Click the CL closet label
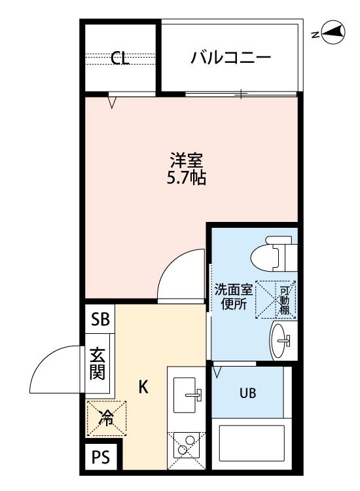pyautogui.click(x=120, y=58)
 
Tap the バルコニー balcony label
pyautogui.click(x=230, y=58)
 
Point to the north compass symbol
pyautogui.click(x=333, y=32)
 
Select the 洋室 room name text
pyautogui.click(x=187, y=160)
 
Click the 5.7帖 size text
pyautogui.click(x=187, y=178)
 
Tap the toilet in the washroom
pyautogui.click(x=274, y=253)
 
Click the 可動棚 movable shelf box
pyautogui.click(x=276, y=300)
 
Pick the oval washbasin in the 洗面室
pyautogui.click(x=279, y=340)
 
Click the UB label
pyautogui.click(x=248, y=393)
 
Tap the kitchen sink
pyautogui.click(x=186, y=395)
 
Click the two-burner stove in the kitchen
pyautogui.click(x=187, y=450)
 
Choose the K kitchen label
pyautogui.click(x=143, y=387)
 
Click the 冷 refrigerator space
pyautogui.click(x=107, y=418)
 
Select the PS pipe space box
pyautogui.click(x=101, y=457)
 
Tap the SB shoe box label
pyautogui.click(x=100, y=319)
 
